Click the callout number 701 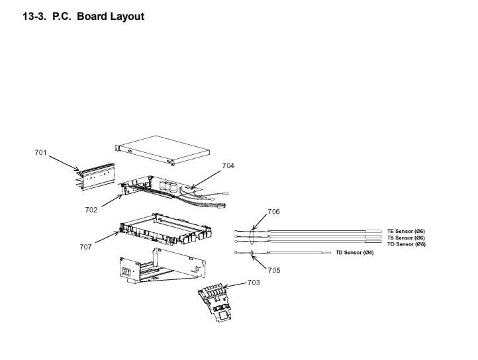coord(41,153)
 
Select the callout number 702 coord(91,210)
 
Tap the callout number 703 coord(254,283)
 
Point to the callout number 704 coord(228,165)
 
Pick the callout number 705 coord(274,270)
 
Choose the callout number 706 coord(273,212)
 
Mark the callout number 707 coord(86,247)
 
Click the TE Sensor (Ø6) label coord(406,231)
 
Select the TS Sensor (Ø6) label coord(406,238)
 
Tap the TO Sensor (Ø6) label coord(406,244)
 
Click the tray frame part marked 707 coord(166,229)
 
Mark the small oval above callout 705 coord(252,252)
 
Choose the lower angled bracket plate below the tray coord(159,268)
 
